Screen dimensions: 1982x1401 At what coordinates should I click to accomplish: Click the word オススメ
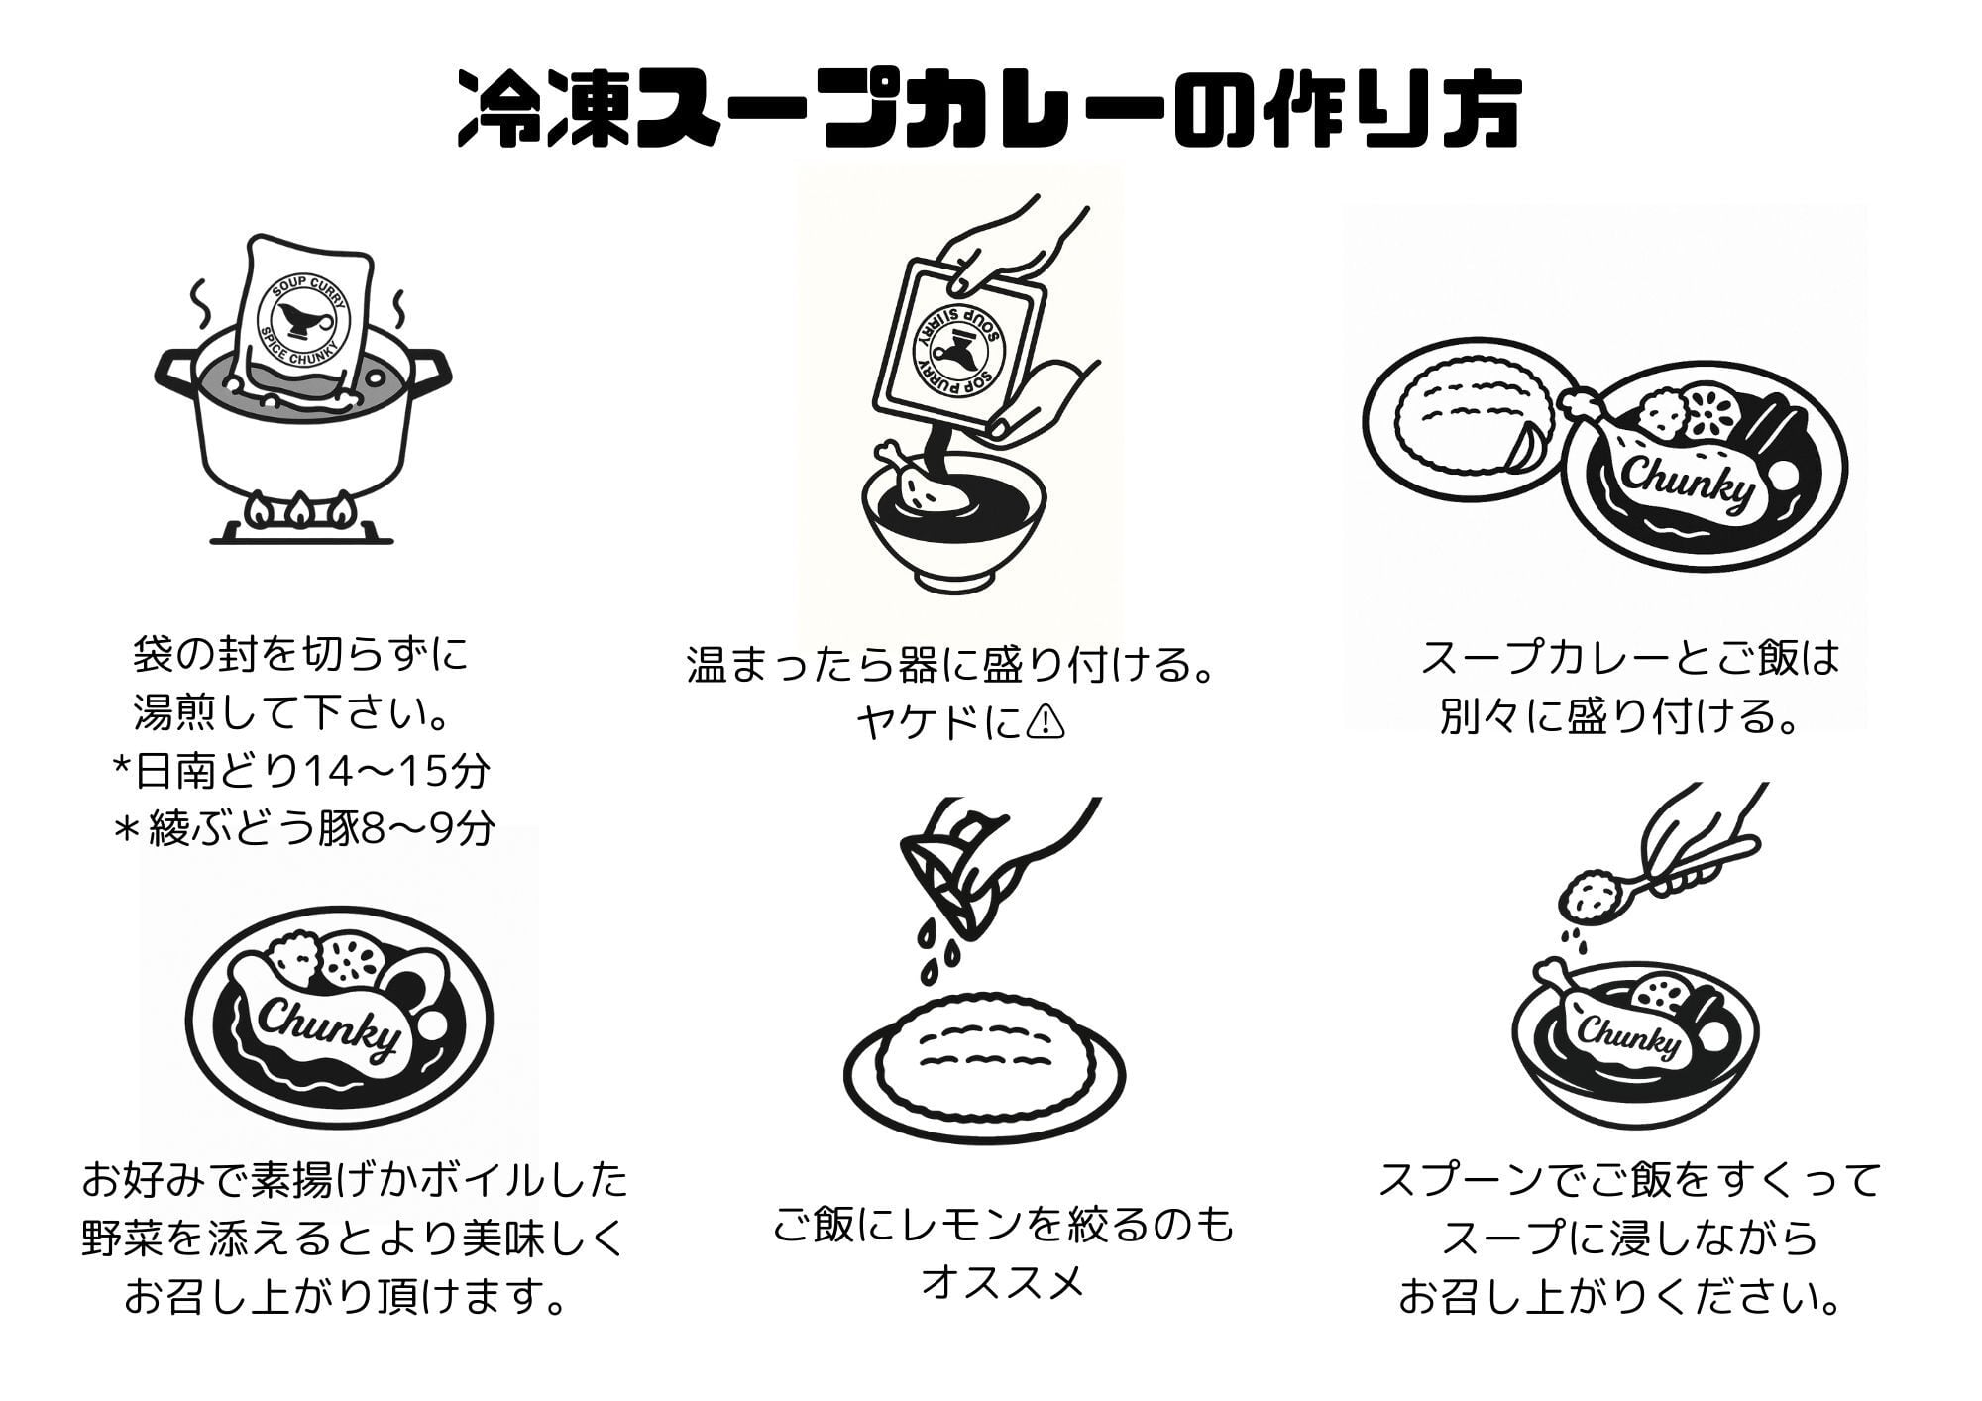[x=1003, y=1284]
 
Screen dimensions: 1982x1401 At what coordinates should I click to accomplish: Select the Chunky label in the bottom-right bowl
[x=1628, y=1038]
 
